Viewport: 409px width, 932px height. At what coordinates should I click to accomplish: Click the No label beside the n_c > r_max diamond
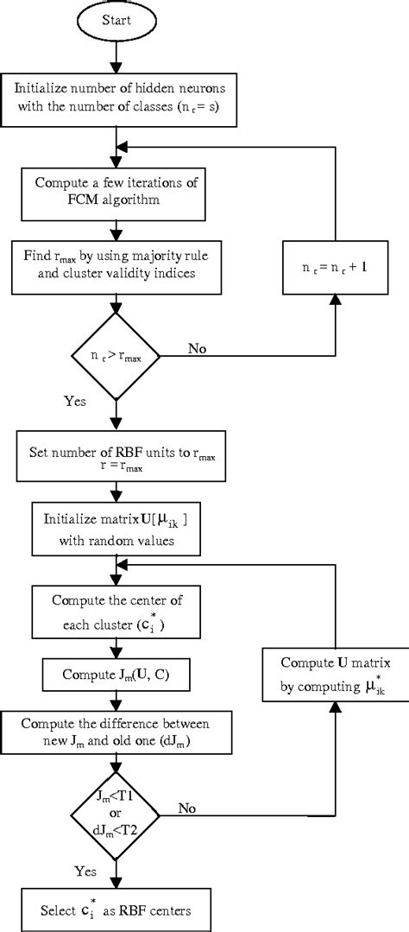[197, 347]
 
